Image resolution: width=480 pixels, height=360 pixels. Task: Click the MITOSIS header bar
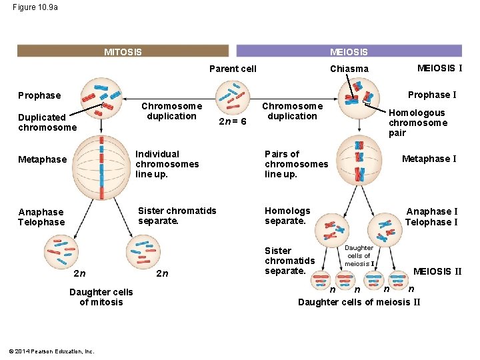(x=123, y=51)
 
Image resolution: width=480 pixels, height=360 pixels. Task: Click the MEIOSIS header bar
(x=349, y=51)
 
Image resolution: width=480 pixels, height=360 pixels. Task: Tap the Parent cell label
(x=233, y=69)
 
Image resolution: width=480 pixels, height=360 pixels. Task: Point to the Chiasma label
(x=349, y=69)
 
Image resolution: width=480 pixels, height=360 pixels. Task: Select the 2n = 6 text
(x=233, y=121)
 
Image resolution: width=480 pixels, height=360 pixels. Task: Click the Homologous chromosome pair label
(x=417, y=123)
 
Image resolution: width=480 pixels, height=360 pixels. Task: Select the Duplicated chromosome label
(x=47, y=122)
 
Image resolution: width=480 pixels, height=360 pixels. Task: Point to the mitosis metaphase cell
(x=101, y=159)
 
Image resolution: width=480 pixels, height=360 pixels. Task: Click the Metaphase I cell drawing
(x=359, y=160)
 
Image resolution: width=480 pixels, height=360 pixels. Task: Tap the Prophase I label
(x=432, y=95)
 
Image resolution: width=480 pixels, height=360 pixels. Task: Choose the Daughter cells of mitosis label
(x=101, y=297)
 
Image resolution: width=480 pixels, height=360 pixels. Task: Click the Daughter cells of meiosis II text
(x=359, y=302)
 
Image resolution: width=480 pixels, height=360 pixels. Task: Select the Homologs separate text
(x=287, y=215)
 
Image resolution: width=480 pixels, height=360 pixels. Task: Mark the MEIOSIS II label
(x=437, y=271)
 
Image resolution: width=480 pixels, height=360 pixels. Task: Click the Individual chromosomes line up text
(x=167, y=164)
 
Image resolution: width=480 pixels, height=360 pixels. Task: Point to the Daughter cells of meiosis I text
(x=359, y=255)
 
